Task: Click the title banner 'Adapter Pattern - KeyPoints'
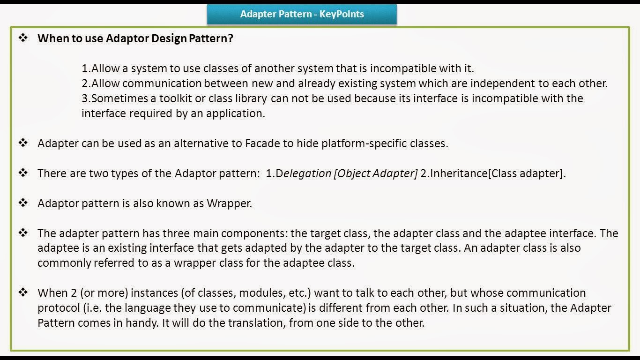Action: [x=302, y=14]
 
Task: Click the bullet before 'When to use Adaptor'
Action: [x=23, y=38]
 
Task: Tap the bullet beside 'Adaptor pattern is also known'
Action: [x=23, y=203]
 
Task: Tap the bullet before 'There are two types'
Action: [x=23, y=173]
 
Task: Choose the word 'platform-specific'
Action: [x=361, y=143]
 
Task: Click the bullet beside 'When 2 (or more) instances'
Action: [x=23, y=292]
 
